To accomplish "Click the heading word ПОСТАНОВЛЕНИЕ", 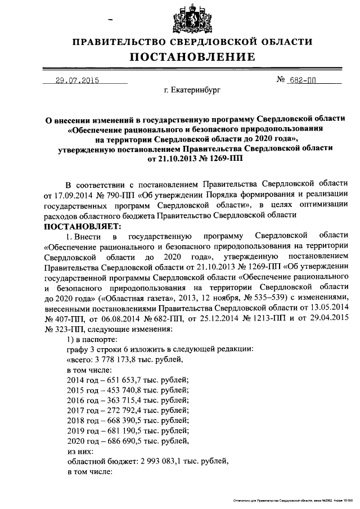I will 194,57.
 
